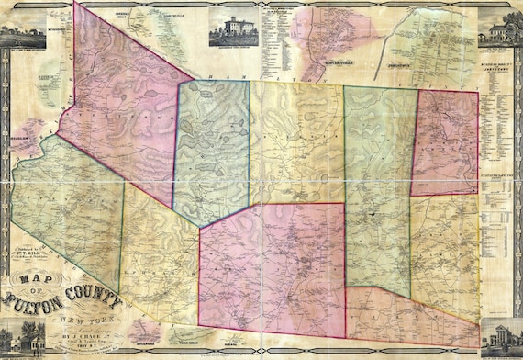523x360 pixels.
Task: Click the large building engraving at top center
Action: pos(233,28)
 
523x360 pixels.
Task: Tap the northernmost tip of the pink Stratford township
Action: pos(75,5)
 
